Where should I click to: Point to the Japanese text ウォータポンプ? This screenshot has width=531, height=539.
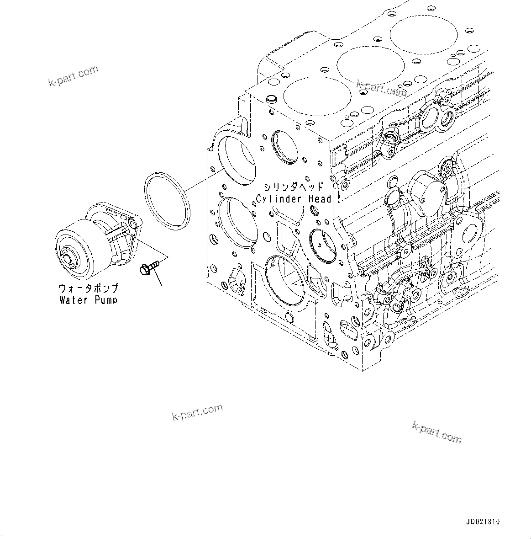89,288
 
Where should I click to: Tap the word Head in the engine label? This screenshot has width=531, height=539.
318,199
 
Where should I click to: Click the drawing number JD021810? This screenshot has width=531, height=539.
483,522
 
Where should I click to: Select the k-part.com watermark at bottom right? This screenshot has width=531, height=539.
436,432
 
